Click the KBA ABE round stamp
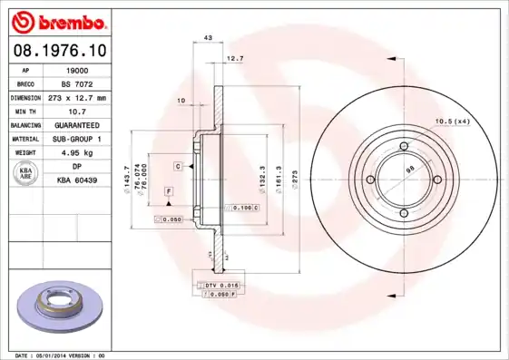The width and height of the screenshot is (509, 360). [x=27, y=173]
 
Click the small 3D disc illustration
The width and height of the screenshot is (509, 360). [x=60, y=305]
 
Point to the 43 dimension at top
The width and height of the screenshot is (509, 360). [x=208, y=37]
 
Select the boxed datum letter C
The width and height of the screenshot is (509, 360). [x=178, y=167]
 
